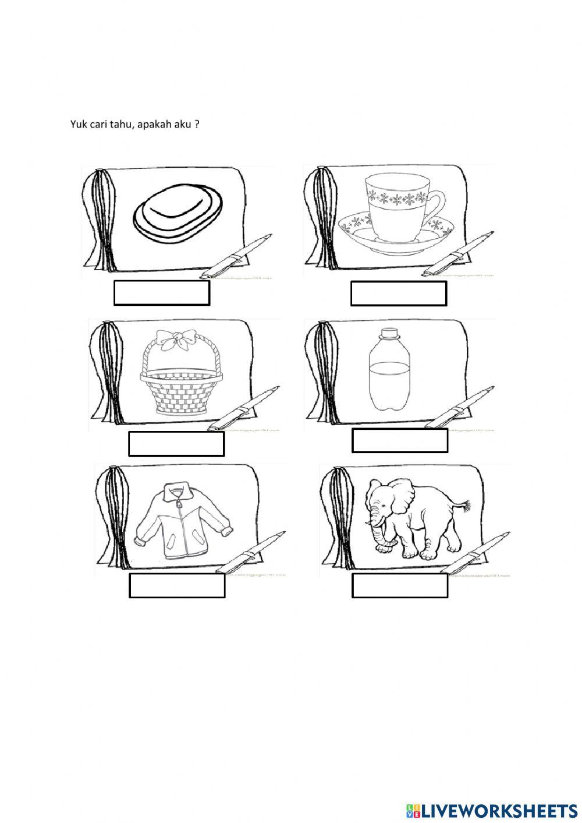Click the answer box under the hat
pos(161,293)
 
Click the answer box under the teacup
pos(399,293)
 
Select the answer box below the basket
pos(176,444)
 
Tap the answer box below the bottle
pos(400,440)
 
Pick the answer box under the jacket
pos(177,585)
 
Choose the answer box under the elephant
pos(400,585)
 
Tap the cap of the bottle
pos(388,334)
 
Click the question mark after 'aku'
pos(197,124)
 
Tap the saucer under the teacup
pos(397,233)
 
